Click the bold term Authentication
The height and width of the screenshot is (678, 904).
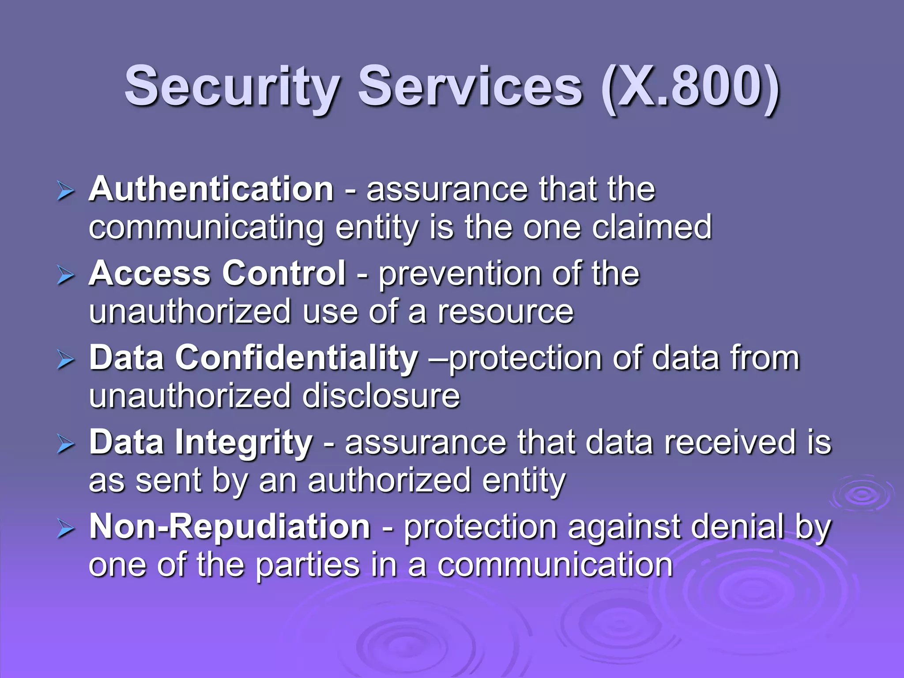pos(211,189)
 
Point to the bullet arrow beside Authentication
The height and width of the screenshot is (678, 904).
pos(66,192)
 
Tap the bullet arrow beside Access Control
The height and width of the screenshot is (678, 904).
pos(66,276)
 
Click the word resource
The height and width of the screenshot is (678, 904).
pos(505,312)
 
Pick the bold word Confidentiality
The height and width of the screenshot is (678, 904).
pos(297,358)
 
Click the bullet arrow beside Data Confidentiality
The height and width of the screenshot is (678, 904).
pos(66,361)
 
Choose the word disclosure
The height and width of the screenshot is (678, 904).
pos(381,396)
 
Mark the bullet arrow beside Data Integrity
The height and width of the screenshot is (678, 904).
pos(66,445)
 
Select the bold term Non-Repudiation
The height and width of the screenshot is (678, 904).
pos(230,527)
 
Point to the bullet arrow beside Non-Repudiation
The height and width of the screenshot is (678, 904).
pos(66,530)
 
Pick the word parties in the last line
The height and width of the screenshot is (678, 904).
pos(308,565)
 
